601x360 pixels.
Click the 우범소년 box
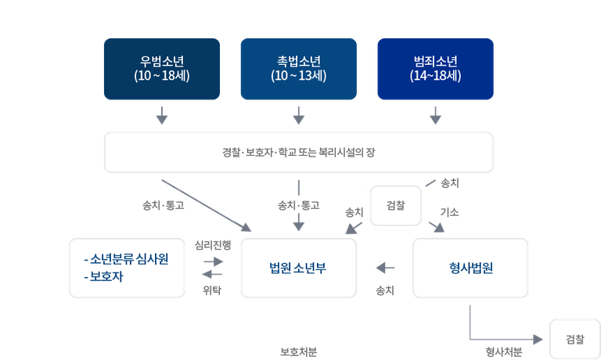click(161, 69)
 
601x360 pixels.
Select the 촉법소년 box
click(297, 69)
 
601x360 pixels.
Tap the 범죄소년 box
click(434, 69)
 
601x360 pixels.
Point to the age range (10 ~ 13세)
click(297, 76)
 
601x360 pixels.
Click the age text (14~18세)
click(434, 76)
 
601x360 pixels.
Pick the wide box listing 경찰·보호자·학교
click(298, 152)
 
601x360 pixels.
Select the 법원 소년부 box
click(298, 268)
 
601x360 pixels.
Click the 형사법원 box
click(470, 268)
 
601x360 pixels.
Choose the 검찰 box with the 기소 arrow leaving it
click(396, 205)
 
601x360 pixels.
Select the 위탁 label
click(212, 290)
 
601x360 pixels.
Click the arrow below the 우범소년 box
click(162, 117)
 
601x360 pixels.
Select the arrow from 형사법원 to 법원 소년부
click(384, 268)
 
